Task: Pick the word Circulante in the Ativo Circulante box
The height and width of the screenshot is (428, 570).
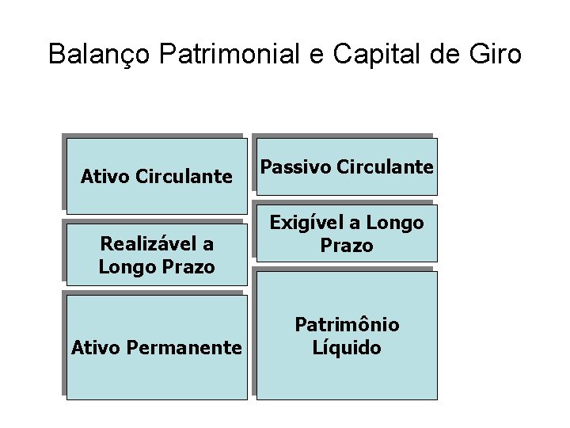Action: [x=184, y=176]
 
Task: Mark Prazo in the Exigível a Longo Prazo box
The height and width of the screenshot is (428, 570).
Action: [x=346, y=246]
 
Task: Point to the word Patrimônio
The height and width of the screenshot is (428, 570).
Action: [x=347, y=325]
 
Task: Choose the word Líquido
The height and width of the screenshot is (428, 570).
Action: [x=347, y=347]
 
